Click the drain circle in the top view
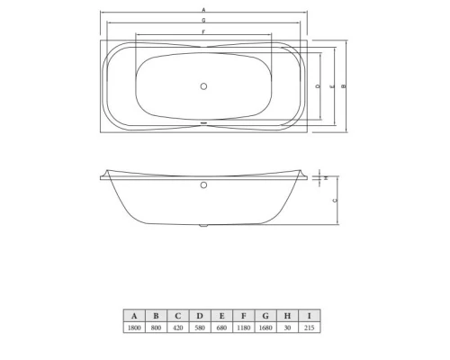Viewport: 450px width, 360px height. pyautogui.click(x=203, y=86)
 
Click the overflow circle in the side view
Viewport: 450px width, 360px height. pyautogui.click(x=203, y=186)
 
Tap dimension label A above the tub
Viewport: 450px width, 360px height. pyautogui.click(x=203, y=10)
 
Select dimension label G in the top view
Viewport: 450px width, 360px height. pyautogui.click(x=203, y=20)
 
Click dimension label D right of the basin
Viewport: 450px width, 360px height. pyautogui.click(x=319, y=86)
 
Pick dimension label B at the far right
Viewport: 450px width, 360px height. pyautogui.click(x=346, y=86)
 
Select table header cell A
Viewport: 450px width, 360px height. pyautogui.click(x=134, y=316)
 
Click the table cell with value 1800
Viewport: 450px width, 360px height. pyautogui.click(x=134, y=328)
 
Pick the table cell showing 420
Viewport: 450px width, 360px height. pyautogui.click(x=178, y=328)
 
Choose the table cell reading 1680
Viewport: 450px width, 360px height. pyautogui.click(x=266, y=328)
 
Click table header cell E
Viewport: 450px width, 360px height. pyautogui.click(x=222, y=316)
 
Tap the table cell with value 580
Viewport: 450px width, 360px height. pyautogui.click(x=201, y=328)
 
